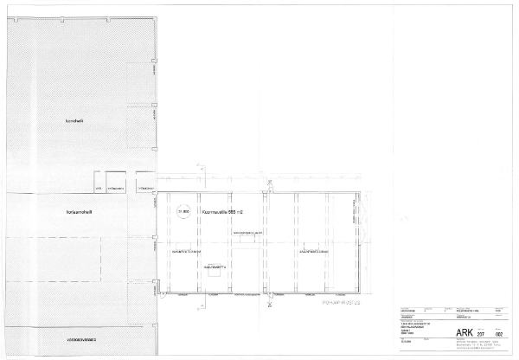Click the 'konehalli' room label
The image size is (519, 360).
(73, 120)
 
